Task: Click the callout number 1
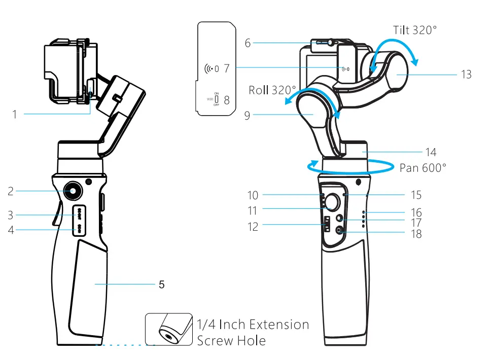click(15, 115)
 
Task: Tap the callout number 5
click(161, 284)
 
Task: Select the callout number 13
click(466, 75)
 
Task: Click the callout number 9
click(248, 116)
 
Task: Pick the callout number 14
click(431, 152)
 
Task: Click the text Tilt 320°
click(414, 30)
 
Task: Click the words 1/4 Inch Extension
click(253, 325)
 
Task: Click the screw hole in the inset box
click(166, 335)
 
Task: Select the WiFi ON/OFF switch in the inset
click(216, 99)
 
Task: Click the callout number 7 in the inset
click(226, 68)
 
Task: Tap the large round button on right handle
click(333, 201)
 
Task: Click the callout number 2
click(11, 191)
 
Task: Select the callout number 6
click(248, 43)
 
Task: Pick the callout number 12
click(253, 227)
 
